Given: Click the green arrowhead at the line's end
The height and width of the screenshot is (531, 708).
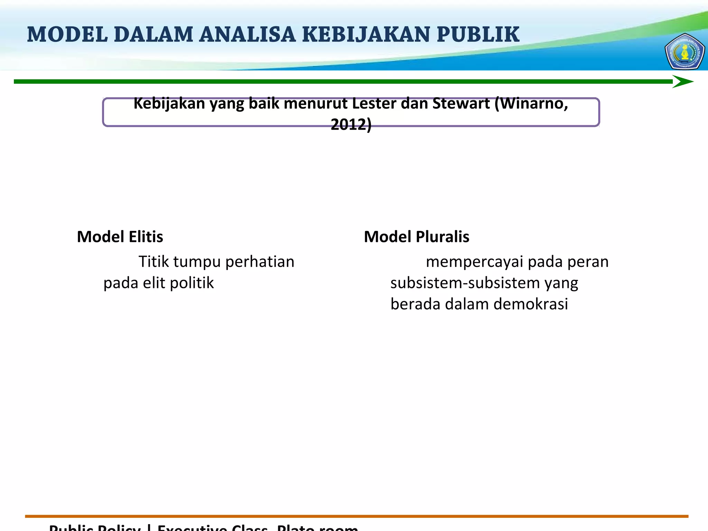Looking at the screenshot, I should [x=682, y=82].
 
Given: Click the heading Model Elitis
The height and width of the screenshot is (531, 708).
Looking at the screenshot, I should [x=120, y=237].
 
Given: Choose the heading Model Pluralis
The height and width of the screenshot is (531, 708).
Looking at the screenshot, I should [x=417, y=237].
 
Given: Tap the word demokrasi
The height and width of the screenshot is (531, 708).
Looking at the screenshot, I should [x=531, y=304].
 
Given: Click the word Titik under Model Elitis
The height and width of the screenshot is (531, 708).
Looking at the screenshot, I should [x=153, y=262].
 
